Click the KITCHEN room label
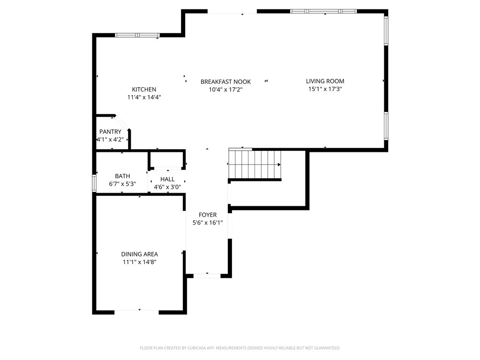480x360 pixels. tap(144, 90)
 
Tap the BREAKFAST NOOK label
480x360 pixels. tap(225, 82)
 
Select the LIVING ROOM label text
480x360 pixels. tap(325, 81)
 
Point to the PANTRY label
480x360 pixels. tap(110, 132)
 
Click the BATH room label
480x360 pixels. tap(122, 176)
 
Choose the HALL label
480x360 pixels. tap(167, 179)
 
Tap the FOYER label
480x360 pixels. tap(208, 215)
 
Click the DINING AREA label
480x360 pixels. tap(139, 254)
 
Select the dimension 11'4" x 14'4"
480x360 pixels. tap(144, 97)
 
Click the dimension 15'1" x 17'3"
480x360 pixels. tap(325, 89)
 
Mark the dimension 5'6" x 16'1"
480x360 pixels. tap(208, 223)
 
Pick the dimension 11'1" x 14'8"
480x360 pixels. tap(139, 262)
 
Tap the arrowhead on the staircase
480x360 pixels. tap(279, 165)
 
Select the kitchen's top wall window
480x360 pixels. tap(137, 35)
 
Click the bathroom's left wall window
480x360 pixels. tap(94, 183)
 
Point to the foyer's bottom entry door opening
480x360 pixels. tap(207, 276)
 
